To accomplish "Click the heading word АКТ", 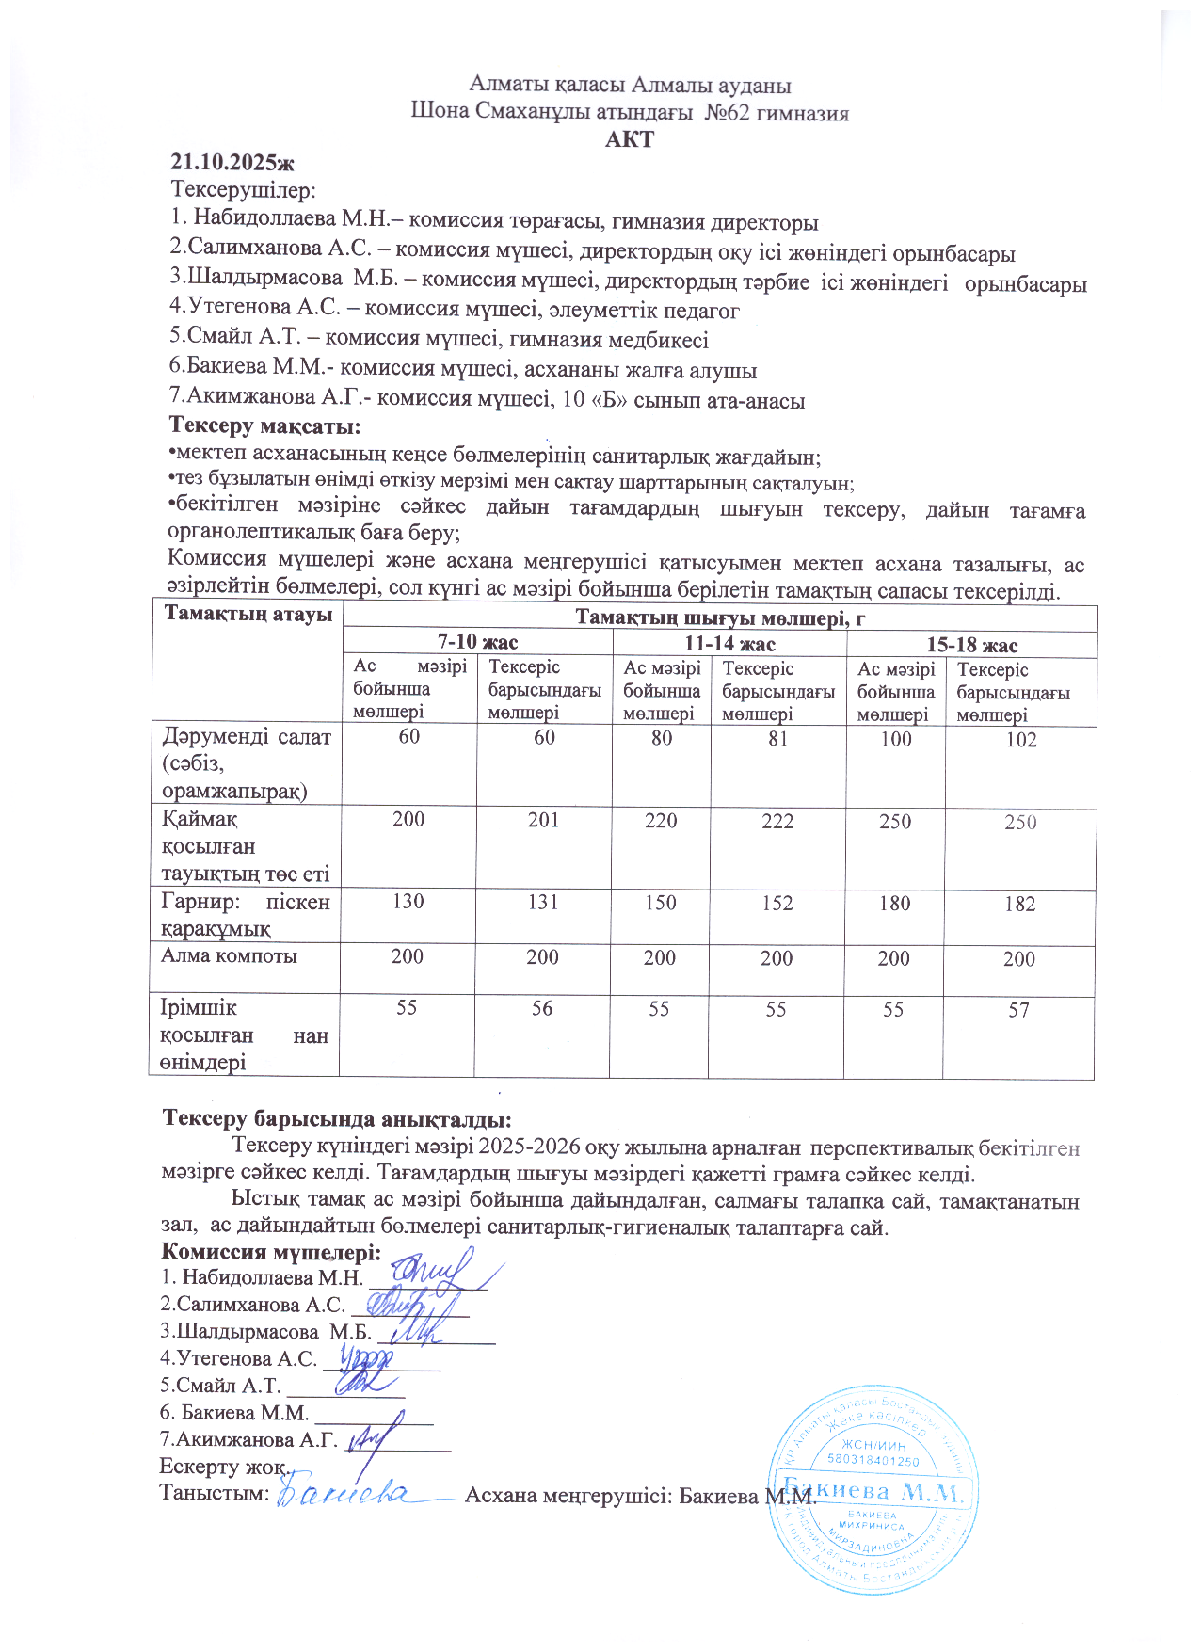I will (x=630, y=140).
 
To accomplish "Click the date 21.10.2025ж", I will (x=232, y=162).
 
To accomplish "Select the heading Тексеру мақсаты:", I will (x=264, y=426).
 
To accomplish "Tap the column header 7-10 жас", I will (x=477, y=642).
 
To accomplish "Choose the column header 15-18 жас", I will (x=972, y=645).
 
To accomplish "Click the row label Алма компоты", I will (x=230, y=956).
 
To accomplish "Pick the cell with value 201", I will (x=543, y=820).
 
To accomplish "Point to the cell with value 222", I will (x=777, y=822).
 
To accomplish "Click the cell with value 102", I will (x=1020, y=740).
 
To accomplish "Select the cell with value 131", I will (x=543, y=902).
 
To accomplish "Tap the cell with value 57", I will (x=1018, y=1011).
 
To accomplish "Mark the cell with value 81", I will (x=777, y=739).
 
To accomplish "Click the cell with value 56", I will (x=542, y=1009).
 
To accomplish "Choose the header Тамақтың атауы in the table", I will (x=248, y=615).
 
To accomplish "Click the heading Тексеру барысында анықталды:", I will (x=337, y=1119).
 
